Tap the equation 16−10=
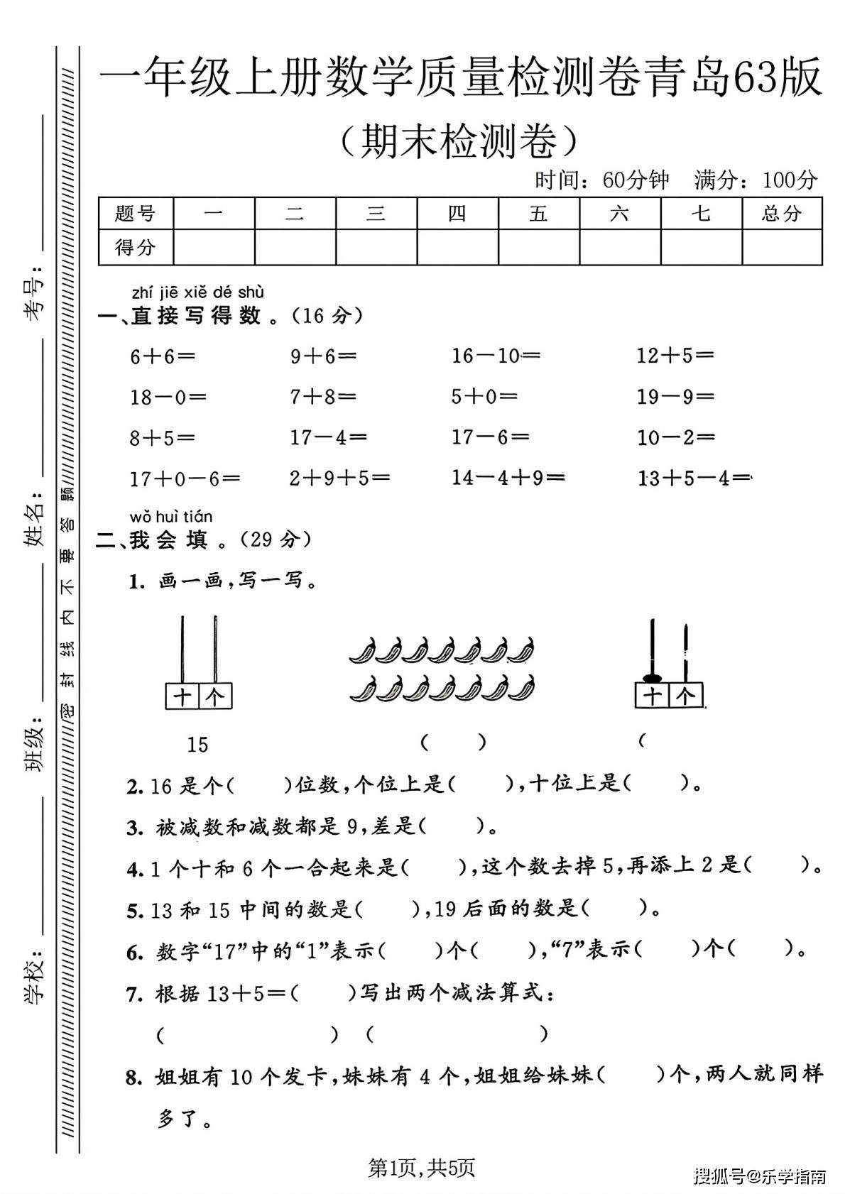click(496, 356)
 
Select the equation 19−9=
click(675, 396)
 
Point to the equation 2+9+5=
click(339, 478)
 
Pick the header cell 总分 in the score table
click(782, 213)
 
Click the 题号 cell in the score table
click(136, 213)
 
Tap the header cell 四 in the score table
click(457, 213)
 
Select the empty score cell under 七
click(701, 247)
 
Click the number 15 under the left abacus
click(197, 745)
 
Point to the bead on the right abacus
click(651, 677)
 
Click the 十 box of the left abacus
click(182, 696)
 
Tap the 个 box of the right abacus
click(685, 696)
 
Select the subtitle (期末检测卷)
click(458, 141)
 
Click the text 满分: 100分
click(756, 180)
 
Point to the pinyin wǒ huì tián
click(171, 516)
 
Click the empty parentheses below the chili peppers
click(453, 743)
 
